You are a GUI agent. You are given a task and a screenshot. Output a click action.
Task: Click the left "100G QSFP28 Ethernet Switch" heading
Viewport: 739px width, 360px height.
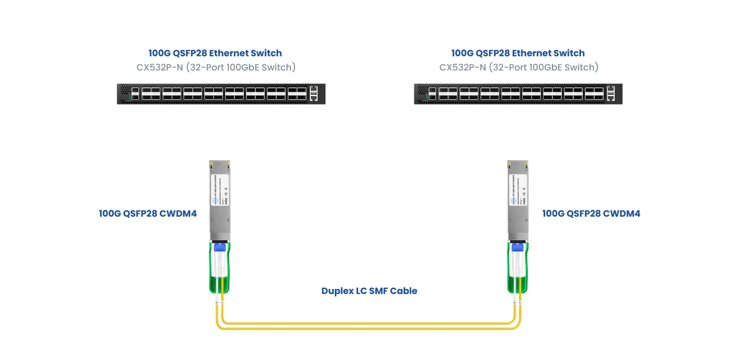click(x=215, y=53)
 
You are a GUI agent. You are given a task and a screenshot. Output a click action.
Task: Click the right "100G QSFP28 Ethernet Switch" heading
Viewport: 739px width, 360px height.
click(x=518, y=53)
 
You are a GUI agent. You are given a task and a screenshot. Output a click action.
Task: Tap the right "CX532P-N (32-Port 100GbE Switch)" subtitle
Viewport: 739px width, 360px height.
click(x=518, y=67)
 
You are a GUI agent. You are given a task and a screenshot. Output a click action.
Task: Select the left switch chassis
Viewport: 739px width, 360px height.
click(x=221, y=94)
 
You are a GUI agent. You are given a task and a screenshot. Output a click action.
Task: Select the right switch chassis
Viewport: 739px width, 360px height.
click(x=518, y=94)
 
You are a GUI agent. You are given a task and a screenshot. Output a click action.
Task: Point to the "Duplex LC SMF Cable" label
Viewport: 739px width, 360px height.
click(x=369, y=291)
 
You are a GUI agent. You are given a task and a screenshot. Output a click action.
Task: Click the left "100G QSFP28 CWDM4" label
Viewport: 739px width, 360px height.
click(x=148, y=214)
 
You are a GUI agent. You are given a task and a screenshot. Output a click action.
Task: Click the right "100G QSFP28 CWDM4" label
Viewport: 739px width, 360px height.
click(x=591, y=214)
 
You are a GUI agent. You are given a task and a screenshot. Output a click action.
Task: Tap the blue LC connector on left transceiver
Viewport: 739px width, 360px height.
click(x=220, y=247)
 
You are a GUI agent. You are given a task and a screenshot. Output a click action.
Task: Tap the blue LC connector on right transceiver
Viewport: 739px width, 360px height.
click(x=517, y=247)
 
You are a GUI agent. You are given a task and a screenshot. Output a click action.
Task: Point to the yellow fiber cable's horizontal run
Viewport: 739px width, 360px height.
click(x=369, y=325)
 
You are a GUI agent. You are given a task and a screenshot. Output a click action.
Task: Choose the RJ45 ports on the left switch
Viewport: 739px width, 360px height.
click(x=314, y=94)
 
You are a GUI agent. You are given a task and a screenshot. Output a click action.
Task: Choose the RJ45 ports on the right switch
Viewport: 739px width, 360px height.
click(x=611, y=94)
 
